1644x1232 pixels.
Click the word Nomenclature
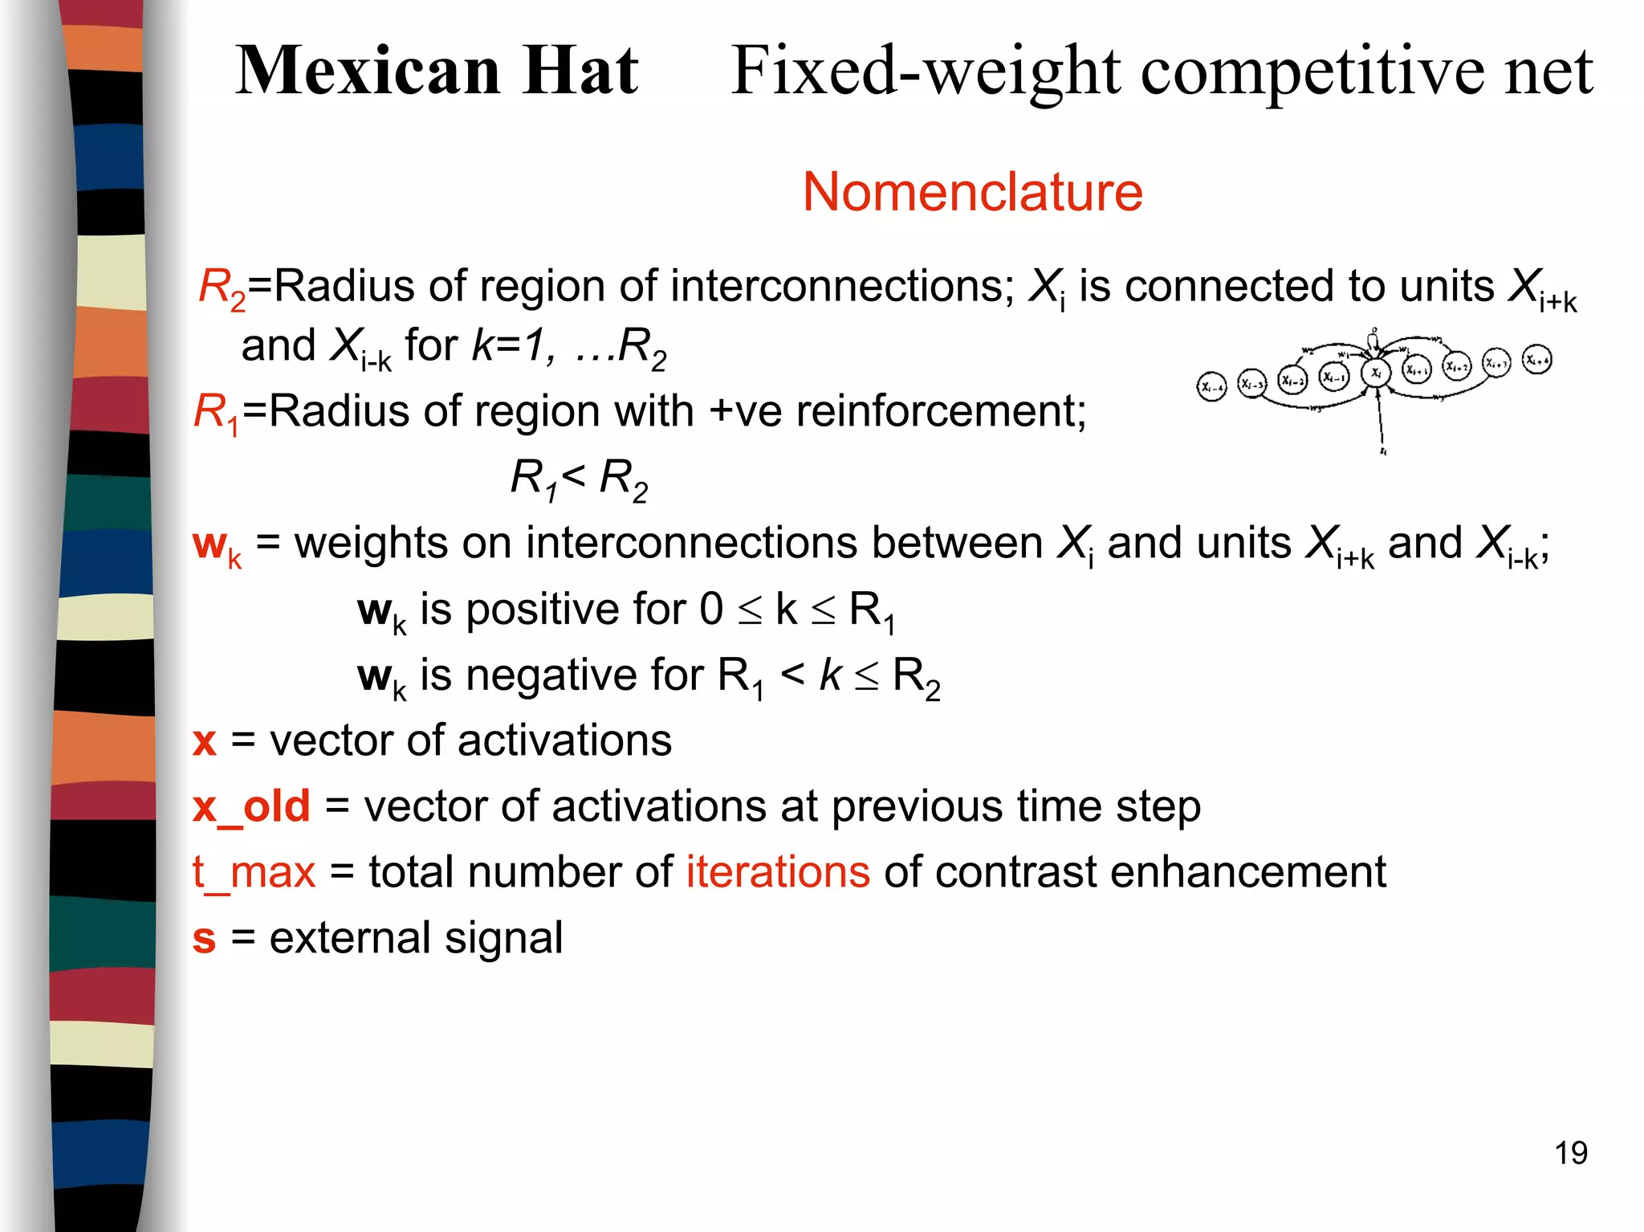972,193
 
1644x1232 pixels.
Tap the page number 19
1570,1153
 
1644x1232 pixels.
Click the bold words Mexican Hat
437,71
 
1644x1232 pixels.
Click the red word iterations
777,872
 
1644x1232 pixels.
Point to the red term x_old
251,806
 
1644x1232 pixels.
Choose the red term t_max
254,873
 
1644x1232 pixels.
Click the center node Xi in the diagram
1376,373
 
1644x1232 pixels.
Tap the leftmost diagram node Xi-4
1211,387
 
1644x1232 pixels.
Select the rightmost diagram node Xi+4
1536,360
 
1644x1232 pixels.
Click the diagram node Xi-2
1292,380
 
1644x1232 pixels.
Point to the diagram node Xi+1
1417,369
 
